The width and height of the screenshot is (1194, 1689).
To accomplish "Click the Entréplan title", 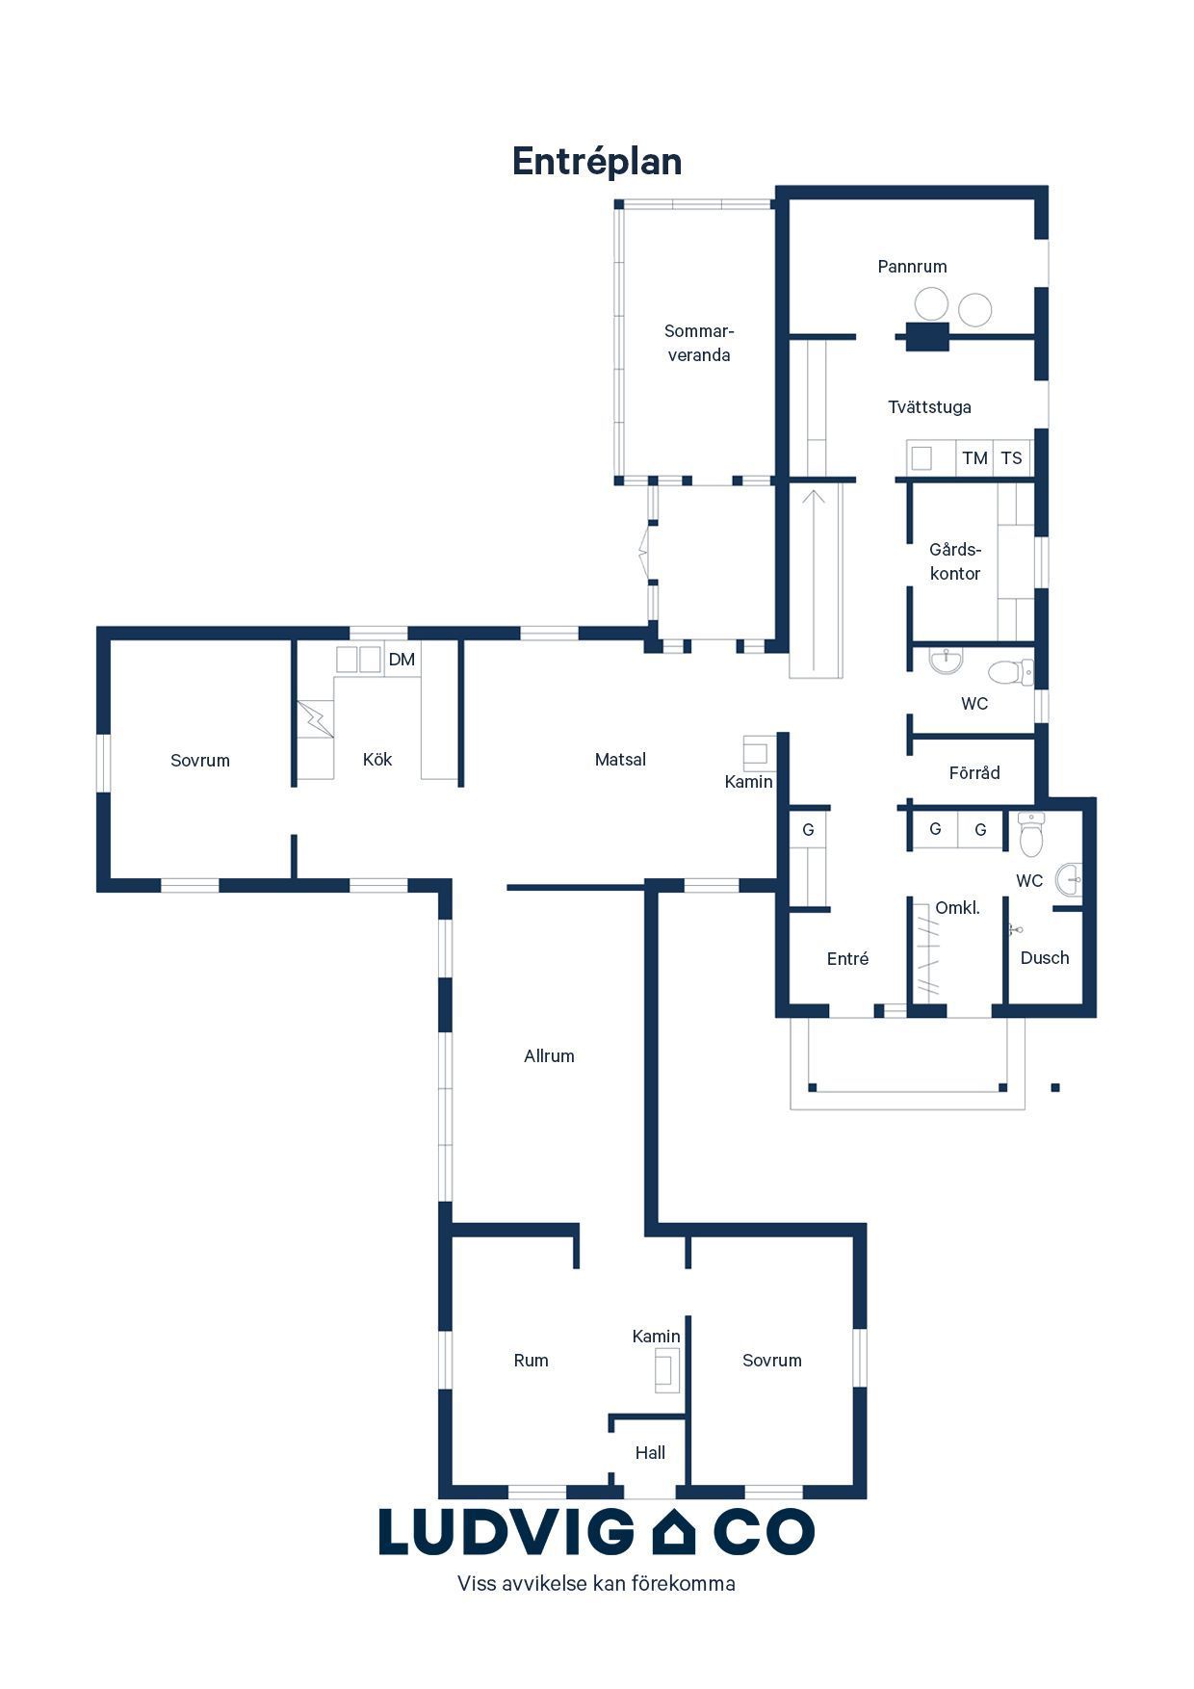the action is point(597,162).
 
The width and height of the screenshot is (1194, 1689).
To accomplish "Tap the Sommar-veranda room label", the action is point(699,343).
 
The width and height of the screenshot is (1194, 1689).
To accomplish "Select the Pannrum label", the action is point(912,267).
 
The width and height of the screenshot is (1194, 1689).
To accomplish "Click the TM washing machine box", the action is point(974,458).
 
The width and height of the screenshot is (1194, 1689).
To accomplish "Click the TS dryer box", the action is point(1011,458).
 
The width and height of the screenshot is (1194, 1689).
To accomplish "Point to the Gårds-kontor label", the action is point(955,561).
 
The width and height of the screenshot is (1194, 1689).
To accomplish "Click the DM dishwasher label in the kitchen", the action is point(402,660).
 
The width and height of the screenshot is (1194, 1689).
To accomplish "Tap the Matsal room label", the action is point(620,760).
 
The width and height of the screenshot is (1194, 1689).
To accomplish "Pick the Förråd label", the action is point(974,773).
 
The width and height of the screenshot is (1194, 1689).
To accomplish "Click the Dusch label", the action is point(1045,958).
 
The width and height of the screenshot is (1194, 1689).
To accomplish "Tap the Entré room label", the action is point(847,959).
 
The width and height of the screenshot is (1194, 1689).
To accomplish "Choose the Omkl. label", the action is point(957,908).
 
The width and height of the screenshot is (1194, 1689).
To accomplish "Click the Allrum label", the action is point(549,1056).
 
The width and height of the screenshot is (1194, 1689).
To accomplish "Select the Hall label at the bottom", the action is point(650,1453).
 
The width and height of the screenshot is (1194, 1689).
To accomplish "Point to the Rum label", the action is point(531,1361).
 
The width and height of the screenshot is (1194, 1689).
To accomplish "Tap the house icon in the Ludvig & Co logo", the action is point(674,1532).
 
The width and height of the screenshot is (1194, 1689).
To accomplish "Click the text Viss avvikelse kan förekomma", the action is point(596,1584).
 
